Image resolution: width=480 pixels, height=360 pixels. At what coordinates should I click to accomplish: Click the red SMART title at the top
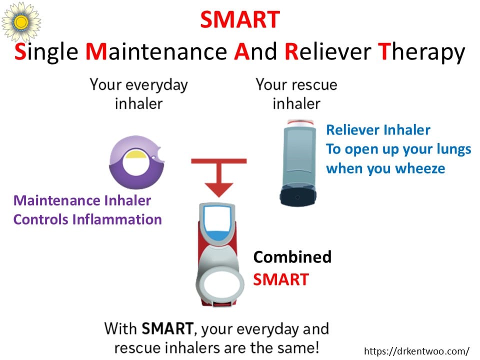240,19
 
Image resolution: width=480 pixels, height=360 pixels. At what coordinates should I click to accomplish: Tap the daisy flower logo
21,21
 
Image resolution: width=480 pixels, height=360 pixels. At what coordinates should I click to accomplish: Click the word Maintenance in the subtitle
156,51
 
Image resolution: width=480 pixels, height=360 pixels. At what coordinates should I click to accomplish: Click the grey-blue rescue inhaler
298,162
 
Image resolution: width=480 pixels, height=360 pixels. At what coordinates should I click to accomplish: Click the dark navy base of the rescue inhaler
298,196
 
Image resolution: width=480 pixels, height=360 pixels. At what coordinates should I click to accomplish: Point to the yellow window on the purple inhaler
137,154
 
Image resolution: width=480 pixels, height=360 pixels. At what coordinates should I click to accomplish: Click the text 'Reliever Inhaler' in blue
378,130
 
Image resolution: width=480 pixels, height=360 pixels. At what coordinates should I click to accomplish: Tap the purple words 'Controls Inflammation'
87,219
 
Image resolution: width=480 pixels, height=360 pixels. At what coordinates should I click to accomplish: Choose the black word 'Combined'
292,257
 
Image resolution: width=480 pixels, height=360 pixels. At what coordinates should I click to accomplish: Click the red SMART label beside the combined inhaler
281,279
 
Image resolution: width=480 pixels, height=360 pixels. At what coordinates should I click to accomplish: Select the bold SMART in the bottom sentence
167,328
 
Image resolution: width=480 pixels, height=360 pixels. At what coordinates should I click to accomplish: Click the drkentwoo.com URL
416,351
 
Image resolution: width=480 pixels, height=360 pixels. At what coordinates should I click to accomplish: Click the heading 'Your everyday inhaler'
138,94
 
